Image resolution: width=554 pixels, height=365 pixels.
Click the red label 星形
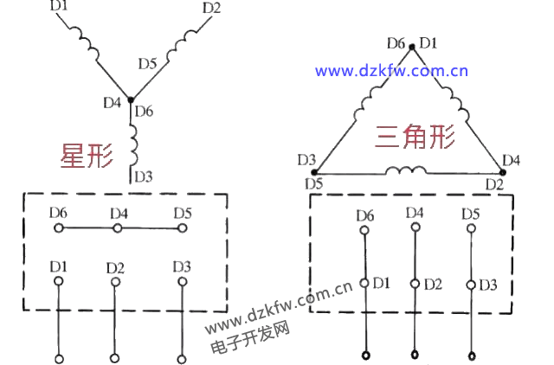[x=87, y=155]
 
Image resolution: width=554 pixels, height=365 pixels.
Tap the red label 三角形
[x=415, y=137]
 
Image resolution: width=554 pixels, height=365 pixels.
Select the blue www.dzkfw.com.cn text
[x=391, y=71]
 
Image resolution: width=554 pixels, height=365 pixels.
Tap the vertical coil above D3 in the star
[x=134, y=144]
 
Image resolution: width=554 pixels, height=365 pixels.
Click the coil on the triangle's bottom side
[x=404, y=170]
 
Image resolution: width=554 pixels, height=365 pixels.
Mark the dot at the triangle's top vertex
[x=411, y=43]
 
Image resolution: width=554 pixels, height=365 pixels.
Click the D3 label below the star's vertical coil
[x=143, y=176]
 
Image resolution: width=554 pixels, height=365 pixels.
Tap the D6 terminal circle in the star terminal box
[x=58, y=228]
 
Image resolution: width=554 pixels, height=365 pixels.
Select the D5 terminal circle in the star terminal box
[x=182, y=228]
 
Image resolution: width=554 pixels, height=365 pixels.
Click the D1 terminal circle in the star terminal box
[x=58, y=281]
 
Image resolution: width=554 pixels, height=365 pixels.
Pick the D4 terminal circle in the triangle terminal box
[x=415, y=228]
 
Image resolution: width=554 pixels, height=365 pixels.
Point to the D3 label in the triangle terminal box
[x=488, y=284]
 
